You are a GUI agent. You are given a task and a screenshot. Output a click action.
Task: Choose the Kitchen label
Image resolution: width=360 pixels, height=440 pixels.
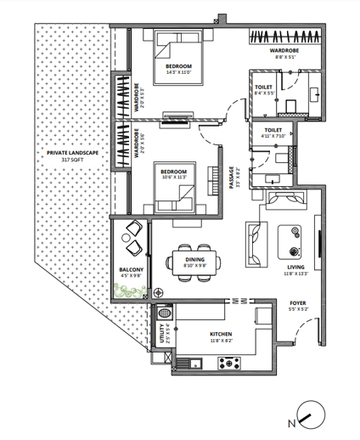[222, 334]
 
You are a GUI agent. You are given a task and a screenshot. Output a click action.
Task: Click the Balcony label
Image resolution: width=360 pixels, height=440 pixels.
[130, 270]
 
